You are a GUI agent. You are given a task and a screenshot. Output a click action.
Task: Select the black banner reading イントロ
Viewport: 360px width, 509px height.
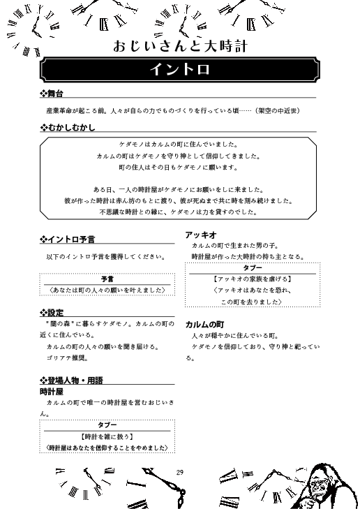(x=180, y=71)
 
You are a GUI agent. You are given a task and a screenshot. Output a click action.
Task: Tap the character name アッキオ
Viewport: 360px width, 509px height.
(x=200, y=235)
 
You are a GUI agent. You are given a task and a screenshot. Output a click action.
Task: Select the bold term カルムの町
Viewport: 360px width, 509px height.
(x=204, y=325)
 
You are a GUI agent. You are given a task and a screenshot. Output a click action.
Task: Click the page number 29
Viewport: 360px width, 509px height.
(x=180, y=473)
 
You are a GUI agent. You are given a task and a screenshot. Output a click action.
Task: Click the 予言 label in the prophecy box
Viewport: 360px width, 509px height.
(x=107, y=278)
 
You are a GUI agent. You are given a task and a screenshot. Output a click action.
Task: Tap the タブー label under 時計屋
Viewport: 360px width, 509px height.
(x=107, y=425)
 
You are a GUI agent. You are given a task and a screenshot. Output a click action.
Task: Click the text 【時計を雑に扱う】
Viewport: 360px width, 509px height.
(x=107, y=436)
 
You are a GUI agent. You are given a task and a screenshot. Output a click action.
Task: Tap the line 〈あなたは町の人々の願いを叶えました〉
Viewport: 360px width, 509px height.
(x=107, y=289)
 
